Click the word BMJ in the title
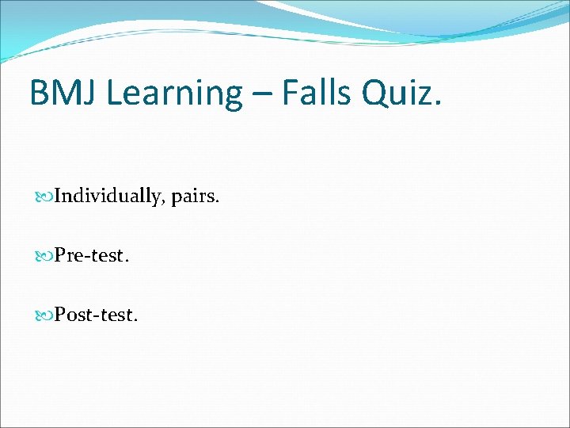point(63,93)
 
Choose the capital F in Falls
point(291,93)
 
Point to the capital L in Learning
point(113,93)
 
